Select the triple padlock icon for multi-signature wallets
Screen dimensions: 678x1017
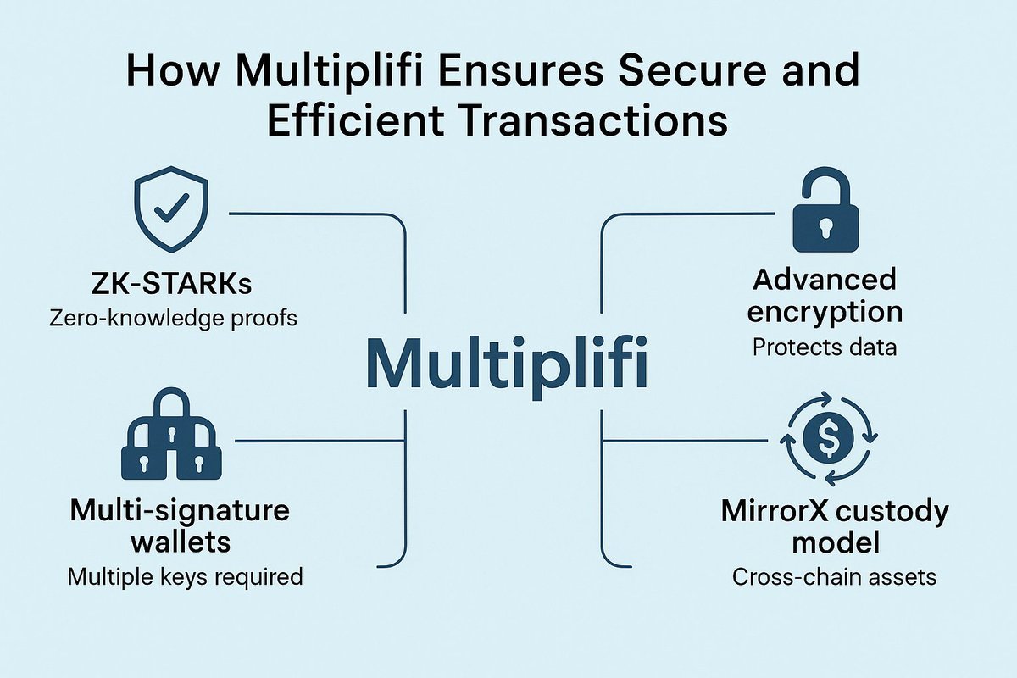pyautogui.click(x=173, y=438)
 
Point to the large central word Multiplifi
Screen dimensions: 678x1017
pyautogui.click(x=507, y=363)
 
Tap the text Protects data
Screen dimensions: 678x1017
pyautogui.click(x=825, y=347)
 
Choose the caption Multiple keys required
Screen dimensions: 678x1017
pyautogui.click(x=185, y=577)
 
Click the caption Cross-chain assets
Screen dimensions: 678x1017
pyautogui.click(x=834, y=577)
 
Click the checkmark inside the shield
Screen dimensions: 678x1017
pyautogui.click(x=173, y=210)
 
